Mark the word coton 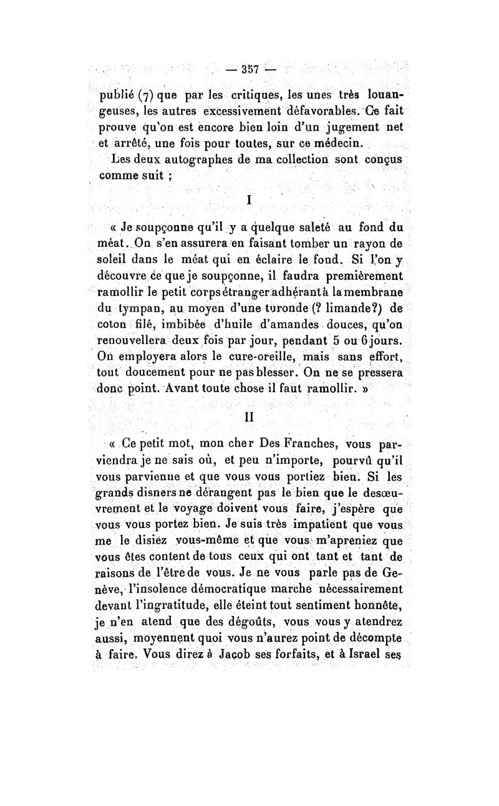pos(112,325)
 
